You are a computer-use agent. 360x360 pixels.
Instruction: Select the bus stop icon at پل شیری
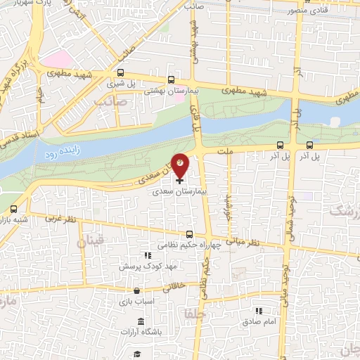[121, 72]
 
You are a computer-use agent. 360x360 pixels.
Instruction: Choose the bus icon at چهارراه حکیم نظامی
[189, 235]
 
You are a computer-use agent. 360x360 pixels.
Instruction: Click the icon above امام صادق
[258, 310]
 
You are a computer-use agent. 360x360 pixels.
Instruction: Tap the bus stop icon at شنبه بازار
[13, 209]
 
